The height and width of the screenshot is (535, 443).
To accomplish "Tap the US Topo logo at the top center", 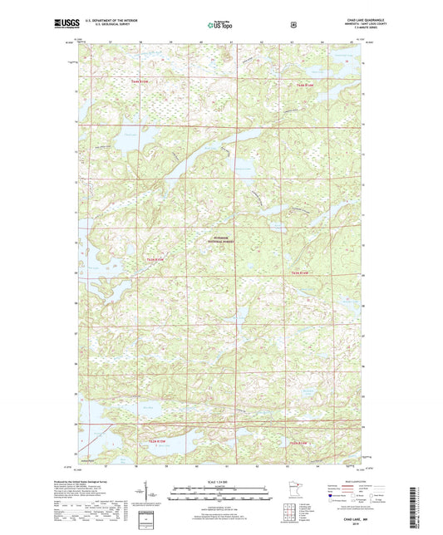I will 220,26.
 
